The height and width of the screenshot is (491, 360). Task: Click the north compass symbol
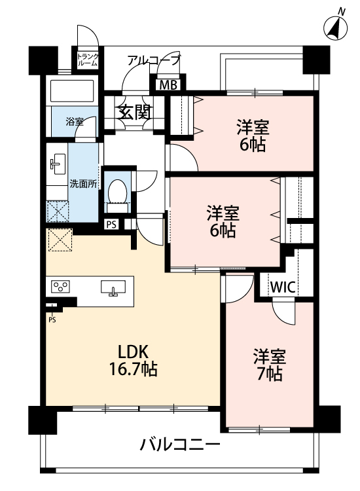click(x=335, y=26)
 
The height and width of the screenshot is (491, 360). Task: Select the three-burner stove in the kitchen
click(x=60, y=287)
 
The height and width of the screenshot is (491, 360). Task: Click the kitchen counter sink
click(x=113, y=287)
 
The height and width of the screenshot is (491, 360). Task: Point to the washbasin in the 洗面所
click(x=58, y=164)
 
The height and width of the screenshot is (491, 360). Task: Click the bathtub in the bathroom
click(x=72, y=91)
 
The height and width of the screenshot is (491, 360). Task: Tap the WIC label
click(x=283, y=287)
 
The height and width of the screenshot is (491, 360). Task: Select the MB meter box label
click(x=168, y=85)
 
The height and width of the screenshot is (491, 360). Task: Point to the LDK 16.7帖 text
click(x=133, y=361)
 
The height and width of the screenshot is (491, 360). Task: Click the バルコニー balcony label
click(x=180, y=445)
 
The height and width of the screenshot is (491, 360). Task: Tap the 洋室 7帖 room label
click(x=270, y=365)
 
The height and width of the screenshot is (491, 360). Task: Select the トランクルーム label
click(x=88, y=60)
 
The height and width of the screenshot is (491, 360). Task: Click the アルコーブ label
click(x=154, y=60)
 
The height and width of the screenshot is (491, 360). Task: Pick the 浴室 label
click(x=75, y=122)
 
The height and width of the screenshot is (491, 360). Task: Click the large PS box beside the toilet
click(x=111, y=225)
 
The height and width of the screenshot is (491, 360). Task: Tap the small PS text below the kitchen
click(x=52, y=320)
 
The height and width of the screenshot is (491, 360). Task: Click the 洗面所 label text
click(x=83, y=184)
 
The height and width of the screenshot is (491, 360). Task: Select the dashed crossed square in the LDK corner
click(x=60, y=240)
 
